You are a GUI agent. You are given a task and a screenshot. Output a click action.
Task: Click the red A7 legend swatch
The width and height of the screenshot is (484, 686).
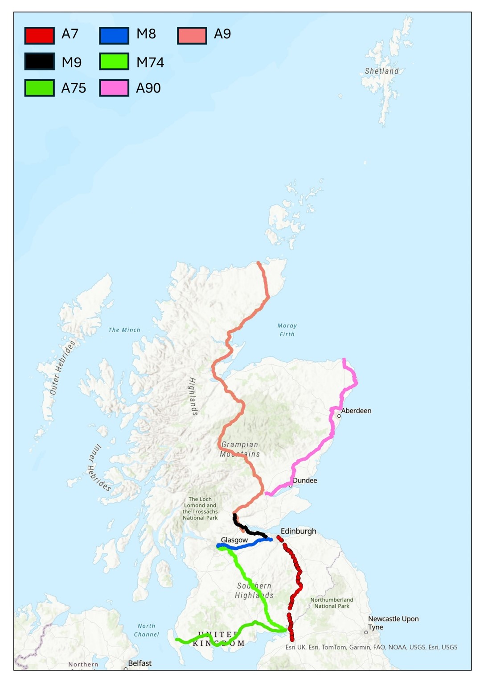click(40, 35)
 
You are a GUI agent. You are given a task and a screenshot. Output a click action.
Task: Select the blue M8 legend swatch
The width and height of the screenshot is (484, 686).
click(114, 35)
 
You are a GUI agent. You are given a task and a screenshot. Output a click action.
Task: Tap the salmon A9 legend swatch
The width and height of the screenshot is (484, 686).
click(192, 35)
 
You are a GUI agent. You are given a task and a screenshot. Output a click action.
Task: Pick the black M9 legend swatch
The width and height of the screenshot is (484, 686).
click(40, 62)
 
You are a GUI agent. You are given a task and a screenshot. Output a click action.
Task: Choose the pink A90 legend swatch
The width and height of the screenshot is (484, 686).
click(114, 88)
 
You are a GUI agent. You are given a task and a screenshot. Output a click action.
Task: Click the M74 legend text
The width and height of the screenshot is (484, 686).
click(150, 62)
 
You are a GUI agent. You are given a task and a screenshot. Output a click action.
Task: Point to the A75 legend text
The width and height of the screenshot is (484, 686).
click(74, 88)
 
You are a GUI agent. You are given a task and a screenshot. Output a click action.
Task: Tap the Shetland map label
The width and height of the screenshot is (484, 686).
click(381, 71)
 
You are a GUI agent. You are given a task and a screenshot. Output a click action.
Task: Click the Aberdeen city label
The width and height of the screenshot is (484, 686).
click(356, 411)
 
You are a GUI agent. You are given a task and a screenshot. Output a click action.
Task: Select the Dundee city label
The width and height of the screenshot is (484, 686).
click(305, 480)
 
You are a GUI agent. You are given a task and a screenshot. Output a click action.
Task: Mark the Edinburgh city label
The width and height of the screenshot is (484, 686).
click(298, 531)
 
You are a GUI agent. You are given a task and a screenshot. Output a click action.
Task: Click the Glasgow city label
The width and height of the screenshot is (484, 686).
click(234, 540)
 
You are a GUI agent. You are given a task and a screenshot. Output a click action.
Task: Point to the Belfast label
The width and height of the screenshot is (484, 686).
click(139, 663)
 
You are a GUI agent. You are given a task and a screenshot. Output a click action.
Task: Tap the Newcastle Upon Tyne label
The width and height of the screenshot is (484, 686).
click(393, 623)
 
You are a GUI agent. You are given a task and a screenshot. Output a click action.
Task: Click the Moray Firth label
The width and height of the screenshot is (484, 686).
click(287, 330)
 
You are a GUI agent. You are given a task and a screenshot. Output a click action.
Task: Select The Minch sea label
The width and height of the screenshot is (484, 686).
click(124, 330)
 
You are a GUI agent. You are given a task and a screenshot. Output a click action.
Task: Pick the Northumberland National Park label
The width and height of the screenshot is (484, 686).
click(332, 603)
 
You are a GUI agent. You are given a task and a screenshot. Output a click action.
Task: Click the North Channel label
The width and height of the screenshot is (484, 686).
click(146, 630)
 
